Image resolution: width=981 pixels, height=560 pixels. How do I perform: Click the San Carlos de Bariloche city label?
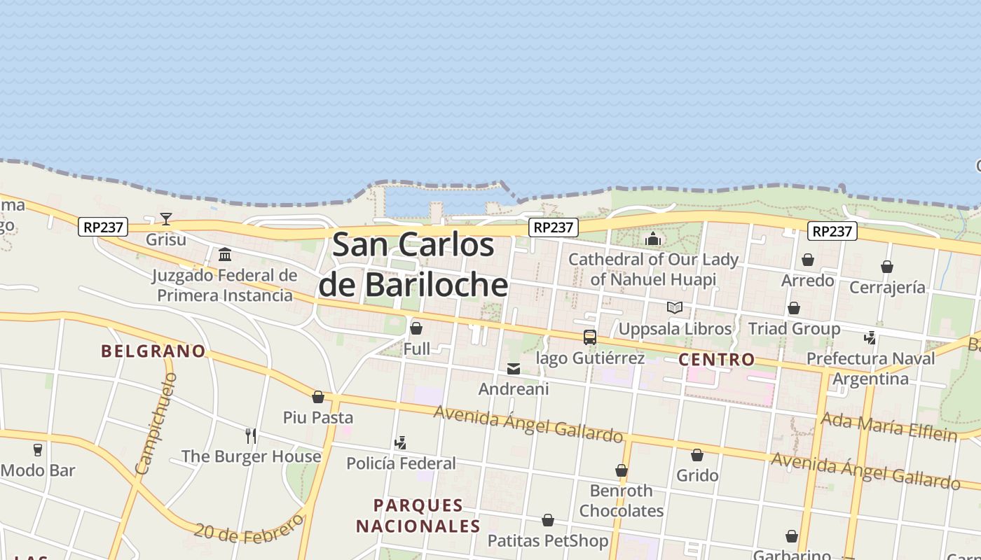pos(413,265)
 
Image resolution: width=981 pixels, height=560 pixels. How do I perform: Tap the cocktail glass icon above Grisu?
pos(166,219)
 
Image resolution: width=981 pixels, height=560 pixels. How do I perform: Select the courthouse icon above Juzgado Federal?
pos(225,254)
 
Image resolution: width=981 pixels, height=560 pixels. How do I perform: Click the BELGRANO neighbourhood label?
pos(153,351)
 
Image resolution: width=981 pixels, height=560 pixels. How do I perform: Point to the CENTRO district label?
pos(717,360)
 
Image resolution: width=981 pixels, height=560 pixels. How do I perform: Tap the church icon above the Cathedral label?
pos(653,239)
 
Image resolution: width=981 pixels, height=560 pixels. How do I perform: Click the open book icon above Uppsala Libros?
pos(675,308)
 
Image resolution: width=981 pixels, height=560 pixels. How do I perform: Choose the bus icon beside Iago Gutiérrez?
pos(590,337)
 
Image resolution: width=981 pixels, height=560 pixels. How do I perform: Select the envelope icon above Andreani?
pos(514,369)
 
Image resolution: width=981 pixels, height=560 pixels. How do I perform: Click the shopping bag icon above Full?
pos(416,328)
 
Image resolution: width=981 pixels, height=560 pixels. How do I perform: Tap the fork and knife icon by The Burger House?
pos(251,436)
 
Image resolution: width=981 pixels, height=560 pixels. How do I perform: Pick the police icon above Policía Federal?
pos(400,442)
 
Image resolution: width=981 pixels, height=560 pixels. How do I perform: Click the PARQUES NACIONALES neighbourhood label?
pos(418,516)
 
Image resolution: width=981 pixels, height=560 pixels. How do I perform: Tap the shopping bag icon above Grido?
pos(697,456)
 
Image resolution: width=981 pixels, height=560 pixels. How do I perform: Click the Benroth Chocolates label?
pos(621,500)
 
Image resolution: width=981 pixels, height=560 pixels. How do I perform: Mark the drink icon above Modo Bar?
pos(38,450)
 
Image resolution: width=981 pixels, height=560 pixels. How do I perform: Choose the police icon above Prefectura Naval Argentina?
pos(870,338)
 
